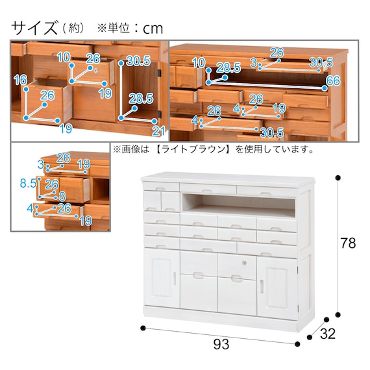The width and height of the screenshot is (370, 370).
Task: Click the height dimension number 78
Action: coord(348,243)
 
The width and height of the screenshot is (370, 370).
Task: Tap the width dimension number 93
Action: coord(221,344)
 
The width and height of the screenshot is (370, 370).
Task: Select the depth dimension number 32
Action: coord(328,334)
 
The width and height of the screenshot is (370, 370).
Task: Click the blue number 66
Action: coord(333,80)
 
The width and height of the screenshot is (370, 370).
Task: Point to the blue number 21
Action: coord(158,131)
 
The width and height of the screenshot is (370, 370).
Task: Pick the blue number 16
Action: coord(21,80)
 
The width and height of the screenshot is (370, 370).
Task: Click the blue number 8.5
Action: coord(28,183)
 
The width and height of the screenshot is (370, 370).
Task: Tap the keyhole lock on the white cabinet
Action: coord(245,263)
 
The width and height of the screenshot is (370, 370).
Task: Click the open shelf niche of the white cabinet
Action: coord(238,204)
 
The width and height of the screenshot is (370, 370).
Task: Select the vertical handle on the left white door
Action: coord(174,278)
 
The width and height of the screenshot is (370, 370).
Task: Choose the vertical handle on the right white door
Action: coord(262,287)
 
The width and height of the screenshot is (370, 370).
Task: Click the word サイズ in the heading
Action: coord(34,28)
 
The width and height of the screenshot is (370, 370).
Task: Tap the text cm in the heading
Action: coord(153,29)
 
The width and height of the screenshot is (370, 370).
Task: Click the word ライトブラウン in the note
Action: coord(192,149)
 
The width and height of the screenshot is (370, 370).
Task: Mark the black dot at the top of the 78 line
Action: coord(338,178)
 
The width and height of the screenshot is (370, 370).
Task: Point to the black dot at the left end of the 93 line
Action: coord(143,328)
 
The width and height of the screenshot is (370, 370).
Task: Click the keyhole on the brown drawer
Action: coord(96,70)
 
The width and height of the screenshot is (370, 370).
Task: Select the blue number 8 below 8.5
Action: coord(62,196)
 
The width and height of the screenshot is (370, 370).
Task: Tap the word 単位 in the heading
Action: coord(119,29)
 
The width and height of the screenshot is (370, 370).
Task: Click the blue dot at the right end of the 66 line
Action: coord(325,88)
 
